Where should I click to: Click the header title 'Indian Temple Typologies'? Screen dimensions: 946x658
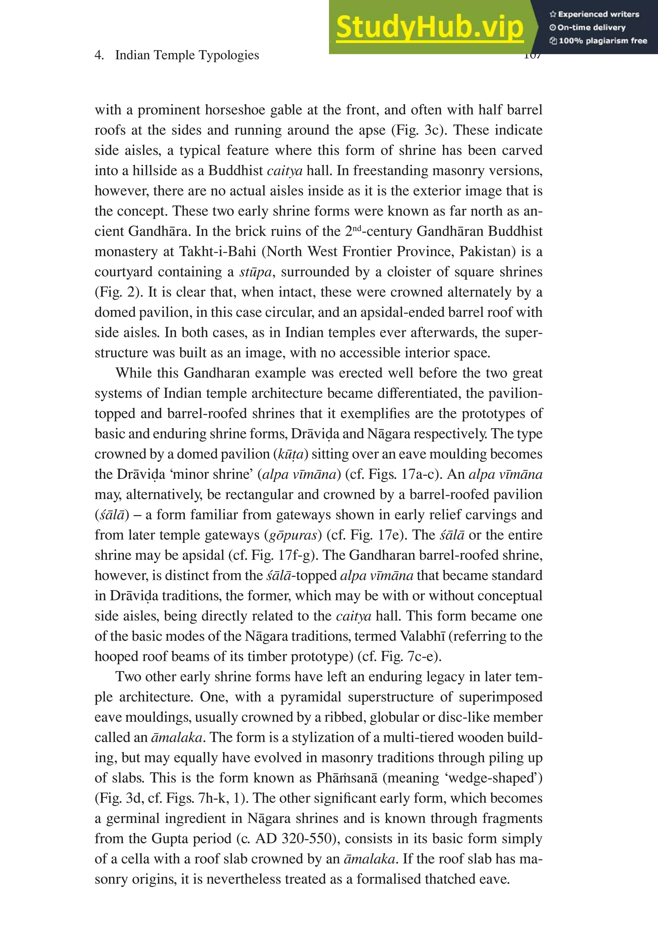point(187,55)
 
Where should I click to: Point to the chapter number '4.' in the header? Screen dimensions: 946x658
point(99,55)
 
